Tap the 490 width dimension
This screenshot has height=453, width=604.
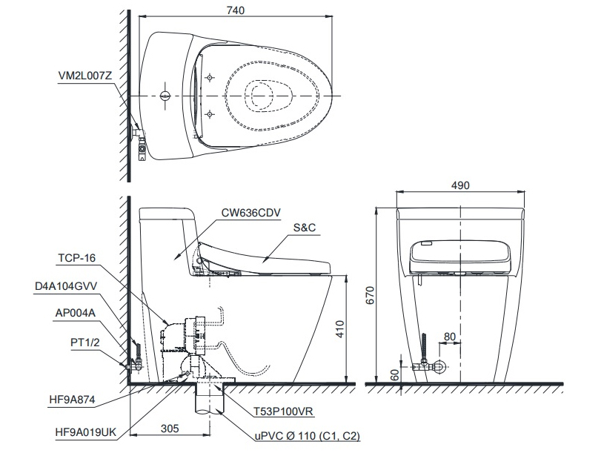(x=459, y=186)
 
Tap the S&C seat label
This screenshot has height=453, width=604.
(x=305, y=228)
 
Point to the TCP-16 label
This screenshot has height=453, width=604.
(x=77, y=259)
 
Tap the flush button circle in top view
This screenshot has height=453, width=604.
(x=165, y=96)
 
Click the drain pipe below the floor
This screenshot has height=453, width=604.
(x=208, y=406)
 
